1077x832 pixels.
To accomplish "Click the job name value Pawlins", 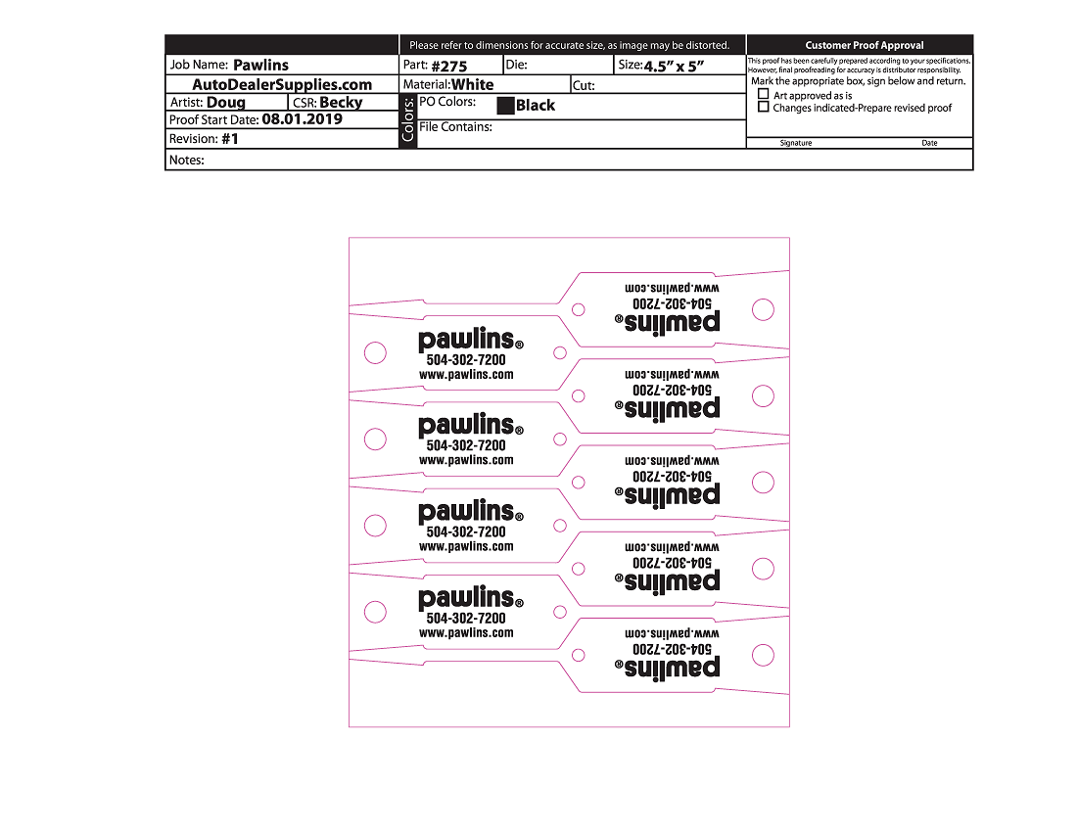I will click(260, 66).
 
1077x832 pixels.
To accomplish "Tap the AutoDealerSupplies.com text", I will click(282, 85).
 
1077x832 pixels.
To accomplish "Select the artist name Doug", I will click(226, 103).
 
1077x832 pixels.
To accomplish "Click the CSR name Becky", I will click(341, 103).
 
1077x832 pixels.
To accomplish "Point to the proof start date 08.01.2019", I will click(302, 119).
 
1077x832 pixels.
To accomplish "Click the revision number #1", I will click(230, 139).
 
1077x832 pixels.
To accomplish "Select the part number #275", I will click(449, 67).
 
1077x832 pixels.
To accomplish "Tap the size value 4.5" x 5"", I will click(676, 67).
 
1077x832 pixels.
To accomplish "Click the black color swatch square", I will click(505, 106).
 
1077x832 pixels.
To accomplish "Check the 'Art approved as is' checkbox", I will click(764, 95).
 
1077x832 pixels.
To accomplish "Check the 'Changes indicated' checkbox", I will click(764, 108).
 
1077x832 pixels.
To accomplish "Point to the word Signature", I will click(795, 143).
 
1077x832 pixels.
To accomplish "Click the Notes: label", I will click(186, 160).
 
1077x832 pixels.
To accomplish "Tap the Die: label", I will click(516, 65).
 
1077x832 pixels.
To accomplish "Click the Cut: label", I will click(584, 85).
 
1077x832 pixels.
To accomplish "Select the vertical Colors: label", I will click(408, 121).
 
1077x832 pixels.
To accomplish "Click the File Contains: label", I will click(455, 127).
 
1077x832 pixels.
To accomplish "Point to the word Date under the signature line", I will click(929, 143).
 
